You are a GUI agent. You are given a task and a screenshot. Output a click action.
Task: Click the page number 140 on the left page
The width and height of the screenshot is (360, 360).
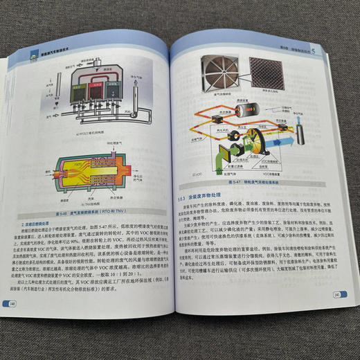[x=12, y=303]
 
